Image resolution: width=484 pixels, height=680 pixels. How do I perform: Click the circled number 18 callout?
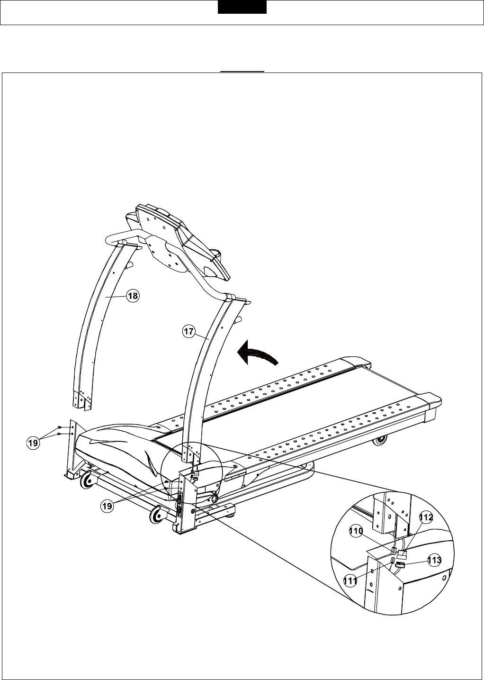coord(133,296)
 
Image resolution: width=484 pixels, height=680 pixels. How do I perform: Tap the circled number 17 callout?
coord(188,332)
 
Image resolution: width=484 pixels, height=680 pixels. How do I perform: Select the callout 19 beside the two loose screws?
coord(32,444)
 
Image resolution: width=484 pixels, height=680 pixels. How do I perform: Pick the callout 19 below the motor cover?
coord(108,506)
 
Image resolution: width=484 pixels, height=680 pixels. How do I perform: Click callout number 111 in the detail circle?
coord(350,581)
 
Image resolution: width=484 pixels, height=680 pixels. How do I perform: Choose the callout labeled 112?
coord(426,518)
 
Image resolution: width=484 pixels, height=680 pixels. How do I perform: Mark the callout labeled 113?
coord(434,560)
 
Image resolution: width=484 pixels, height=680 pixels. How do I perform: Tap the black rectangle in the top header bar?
coord(242,7)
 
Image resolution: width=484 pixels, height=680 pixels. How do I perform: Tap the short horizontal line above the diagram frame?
coord(242,72)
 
